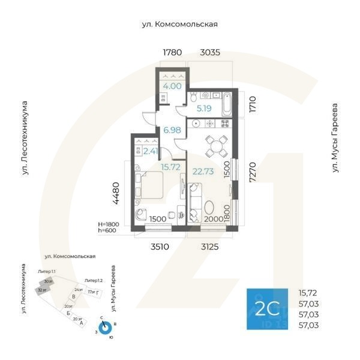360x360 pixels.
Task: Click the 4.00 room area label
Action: [x=172, y=86]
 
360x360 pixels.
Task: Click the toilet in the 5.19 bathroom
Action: [x=194, y=98]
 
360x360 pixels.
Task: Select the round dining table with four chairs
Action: [x=214, y=145]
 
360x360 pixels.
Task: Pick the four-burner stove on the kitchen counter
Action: [x=226, y=124]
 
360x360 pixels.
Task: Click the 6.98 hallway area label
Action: [x=172, y=130]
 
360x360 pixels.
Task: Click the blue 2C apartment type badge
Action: [x=268, y=309]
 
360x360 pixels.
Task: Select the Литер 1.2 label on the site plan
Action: [x=93, y=280]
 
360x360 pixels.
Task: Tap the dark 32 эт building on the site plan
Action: [x=41, y=290]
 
